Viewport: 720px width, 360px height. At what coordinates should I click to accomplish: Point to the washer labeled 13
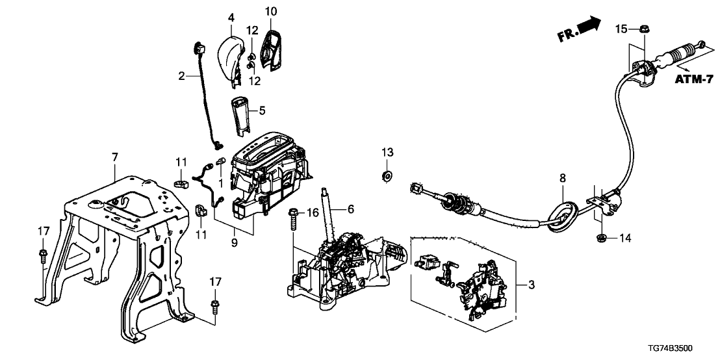click(x=387, y=175)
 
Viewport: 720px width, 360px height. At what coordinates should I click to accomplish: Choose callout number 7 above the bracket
click(x=115, y=157)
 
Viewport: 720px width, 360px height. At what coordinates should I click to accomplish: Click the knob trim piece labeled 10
click(x=272, y=45)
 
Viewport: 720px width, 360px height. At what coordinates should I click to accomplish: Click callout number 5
click(x=263, y=111)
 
